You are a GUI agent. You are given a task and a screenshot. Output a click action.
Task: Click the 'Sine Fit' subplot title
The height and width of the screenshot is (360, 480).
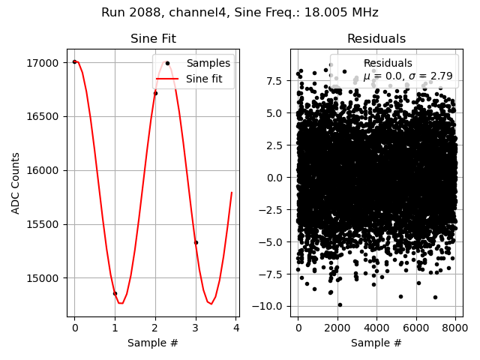click(x=153, y=39)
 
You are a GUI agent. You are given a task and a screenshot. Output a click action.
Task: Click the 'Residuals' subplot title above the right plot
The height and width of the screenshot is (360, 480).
click(x=376, y=39)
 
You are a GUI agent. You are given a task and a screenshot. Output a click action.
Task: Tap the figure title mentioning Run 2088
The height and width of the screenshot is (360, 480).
click(x=240, y=13)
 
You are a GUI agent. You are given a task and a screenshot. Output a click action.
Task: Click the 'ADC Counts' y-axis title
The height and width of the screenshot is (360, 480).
click(x=16, y=183)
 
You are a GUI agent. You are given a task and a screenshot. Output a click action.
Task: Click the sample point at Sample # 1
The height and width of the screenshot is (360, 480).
click(x=115, y=293)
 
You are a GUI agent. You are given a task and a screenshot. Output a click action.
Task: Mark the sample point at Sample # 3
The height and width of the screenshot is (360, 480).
click(x=196, y=242)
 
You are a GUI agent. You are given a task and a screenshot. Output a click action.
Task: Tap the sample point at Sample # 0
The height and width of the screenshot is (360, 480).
click(x=74, y=61)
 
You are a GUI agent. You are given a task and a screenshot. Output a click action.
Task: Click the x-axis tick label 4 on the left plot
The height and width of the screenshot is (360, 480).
click(x=235, y=328)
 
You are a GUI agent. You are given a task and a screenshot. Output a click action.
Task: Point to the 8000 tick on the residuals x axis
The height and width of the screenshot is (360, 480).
click(x=457, y=328)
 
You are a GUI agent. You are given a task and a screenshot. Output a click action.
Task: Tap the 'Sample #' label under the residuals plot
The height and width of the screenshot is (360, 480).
click(x=376, y=343)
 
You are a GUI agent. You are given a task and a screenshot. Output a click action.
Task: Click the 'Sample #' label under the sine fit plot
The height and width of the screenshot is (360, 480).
click(x=153, y=343)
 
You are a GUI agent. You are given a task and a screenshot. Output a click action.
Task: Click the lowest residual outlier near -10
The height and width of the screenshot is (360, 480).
click(x=340, y=304)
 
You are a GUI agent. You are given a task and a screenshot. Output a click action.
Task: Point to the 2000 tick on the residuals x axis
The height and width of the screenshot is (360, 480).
click(x=337, y=328)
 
